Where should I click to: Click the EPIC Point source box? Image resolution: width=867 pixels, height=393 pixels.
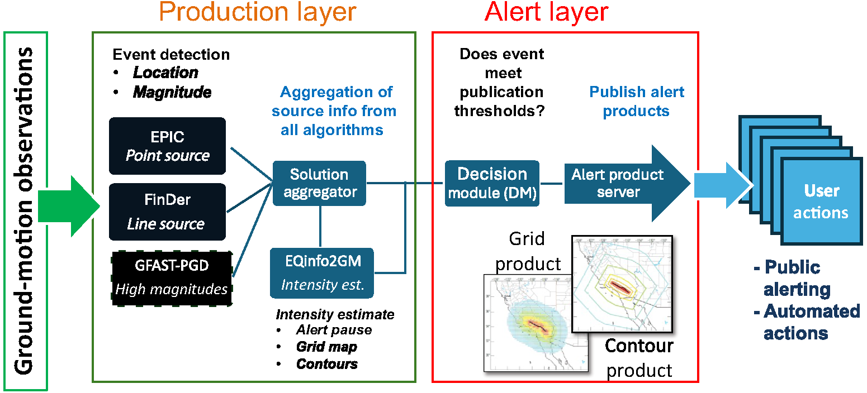pos(168,146)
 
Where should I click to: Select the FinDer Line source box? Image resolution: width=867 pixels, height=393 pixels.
pos(168,212)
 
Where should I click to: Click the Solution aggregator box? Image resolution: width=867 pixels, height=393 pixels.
pos(319,183)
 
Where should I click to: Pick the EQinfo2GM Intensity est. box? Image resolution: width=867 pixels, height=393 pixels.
pos(322,273)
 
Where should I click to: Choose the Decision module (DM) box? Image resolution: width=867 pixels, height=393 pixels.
pos(492,183)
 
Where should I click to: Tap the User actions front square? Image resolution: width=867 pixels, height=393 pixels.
pos(820,201)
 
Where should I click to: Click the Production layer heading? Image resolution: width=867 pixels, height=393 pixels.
pos(258,12)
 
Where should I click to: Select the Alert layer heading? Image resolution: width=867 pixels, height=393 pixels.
pos(546,12)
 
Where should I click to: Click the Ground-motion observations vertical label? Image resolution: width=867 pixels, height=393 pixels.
pos(23,211)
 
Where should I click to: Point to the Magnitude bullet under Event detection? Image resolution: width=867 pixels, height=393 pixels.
pos(172,92)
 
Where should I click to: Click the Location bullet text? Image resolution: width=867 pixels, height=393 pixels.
pos(165,73)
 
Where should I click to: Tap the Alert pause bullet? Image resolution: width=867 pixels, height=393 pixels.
pos(334,330)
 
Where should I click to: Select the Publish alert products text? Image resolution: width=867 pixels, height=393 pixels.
pos(637,101)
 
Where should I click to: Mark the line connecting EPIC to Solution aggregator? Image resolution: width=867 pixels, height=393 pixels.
pos(250,165)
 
